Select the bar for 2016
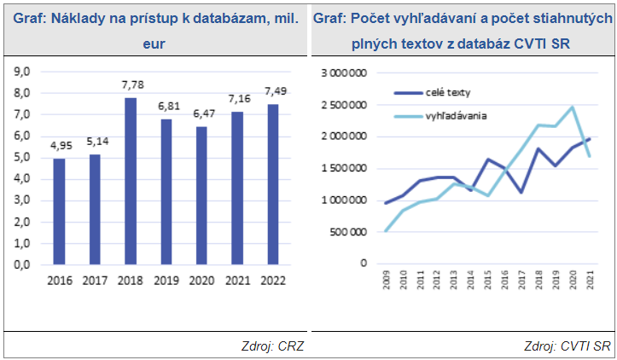coord(59,212)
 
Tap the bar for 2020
coord(202,195)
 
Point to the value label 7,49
coord(274,92)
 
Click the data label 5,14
coord(96,142)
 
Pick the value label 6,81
coord(166,107)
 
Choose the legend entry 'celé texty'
coord(447,92)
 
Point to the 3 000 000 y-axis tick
coord(342,73)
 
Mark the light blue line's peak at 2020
coord(573,107)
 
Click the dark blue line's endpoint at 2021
coord(590,138)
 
